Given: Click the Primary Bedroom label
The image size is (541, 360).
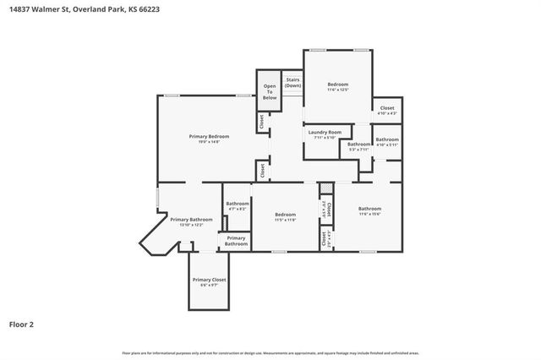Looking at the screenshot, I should pyautogui.click(x=210, y=136).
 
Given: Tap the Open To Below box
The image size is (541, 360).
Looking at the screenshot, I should pyautogui.click(x=269, y=91).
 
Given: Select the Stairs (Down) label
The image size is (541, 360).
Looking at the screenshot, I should pyautogui.click(x=292, y=83).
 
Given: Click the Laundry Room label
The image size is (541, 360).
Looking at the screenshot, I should pyautogui.click(x=325, y=133).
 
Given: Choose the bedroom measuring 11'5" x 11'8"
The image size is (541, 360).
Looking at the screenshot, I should pyautogui.click(x=285, y=217).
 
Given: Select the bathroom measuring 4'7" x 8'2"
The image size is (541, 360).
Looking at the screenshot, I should pyautogui.click(x=238, y=205).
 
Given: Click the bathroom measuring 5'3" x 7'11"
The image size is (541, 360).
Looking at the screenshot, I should pyautogui.click(x=358, y=146).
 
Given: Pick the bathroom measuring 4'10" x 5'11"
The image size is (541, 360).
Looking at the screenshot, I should pyautogui.click(x=387, y=141).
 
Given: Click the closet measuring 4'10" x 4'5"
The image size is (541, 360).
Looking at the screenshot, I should pyautogui.click(x=387, y=110).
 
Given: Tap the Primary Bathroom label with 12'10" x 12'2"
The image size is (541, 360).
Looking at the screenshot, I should pyautogui.click(x=190, y=221).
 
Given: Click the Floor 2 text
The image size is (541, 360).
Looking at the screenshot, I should pyautogui.click(x=22, y=324).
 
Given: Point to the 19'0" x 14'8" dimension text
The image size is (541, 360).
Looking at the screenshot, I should pyautogui.click(x=210, y=141).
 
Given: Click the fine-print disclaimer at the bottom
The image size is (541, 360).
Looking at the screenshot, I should pyautogui.click(x=270, y=352).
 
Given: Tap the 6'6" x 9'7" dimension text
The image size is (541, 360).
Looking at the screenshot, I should pyautogui.click(x=209, y=285).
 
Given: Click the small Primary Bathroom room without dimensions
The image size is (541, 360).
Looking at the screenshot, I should pyautogui.click(x=236, y=241).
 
